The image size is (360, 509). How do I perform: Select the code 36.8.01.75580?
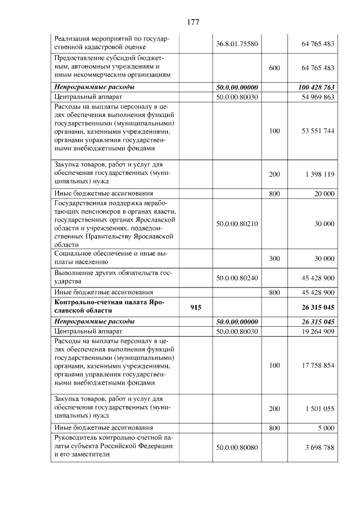coord(237,44)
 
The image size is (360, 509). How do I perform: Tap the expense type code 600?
coord(274,68)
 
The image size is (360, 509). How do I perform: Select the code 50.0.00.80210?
coord(237,224)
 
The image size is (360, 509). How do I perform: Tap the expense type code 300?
coord(274,259)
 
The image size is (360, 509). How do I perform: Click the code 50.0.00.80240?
coord(237,277)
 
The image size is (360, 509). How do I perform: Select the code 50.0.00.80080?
coord(237,447)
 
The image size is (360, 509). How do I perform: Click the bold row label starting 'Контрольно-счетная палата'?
coord(110,307)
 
